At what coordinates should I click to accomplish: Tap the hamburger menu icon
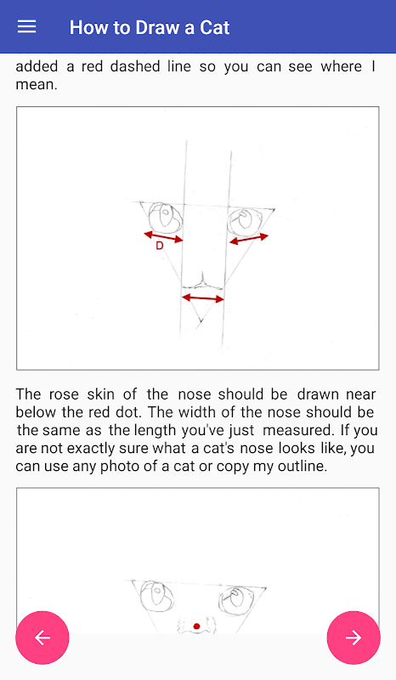click(x=26, y=27)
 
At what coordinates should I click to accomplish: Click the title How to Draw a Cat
click(x=150, y=27)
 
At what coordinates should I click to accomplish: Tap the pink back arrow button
click(x=42, y=637)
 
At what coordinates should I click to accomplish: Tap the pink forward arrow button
click(x=354, y=637)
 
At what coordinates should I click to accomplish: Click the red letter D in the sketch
click(x=160, y=246)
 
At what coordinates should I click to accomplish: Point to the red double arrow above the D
click(x=163, y=237)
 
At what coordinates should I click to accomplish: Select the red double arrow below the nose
click(x=202, y=298)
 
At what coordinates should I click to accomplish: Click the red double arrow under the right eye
click(x=248, y=239)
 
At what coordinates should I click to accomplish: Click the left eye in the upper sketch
click(x=165, y=217)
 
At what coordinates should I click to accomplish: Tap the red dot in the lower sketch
click(x=196, y=626)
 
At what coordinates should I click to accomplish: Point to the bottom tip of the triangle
click(x=201, y=322)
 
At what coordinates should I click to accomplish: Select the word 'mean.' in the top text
click(x=37, y=84)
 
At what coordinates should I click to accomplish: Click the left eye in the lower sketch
click(x=157, y=595)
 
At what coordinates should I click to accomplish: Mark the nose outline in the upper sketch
click(x=202, y=282)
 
